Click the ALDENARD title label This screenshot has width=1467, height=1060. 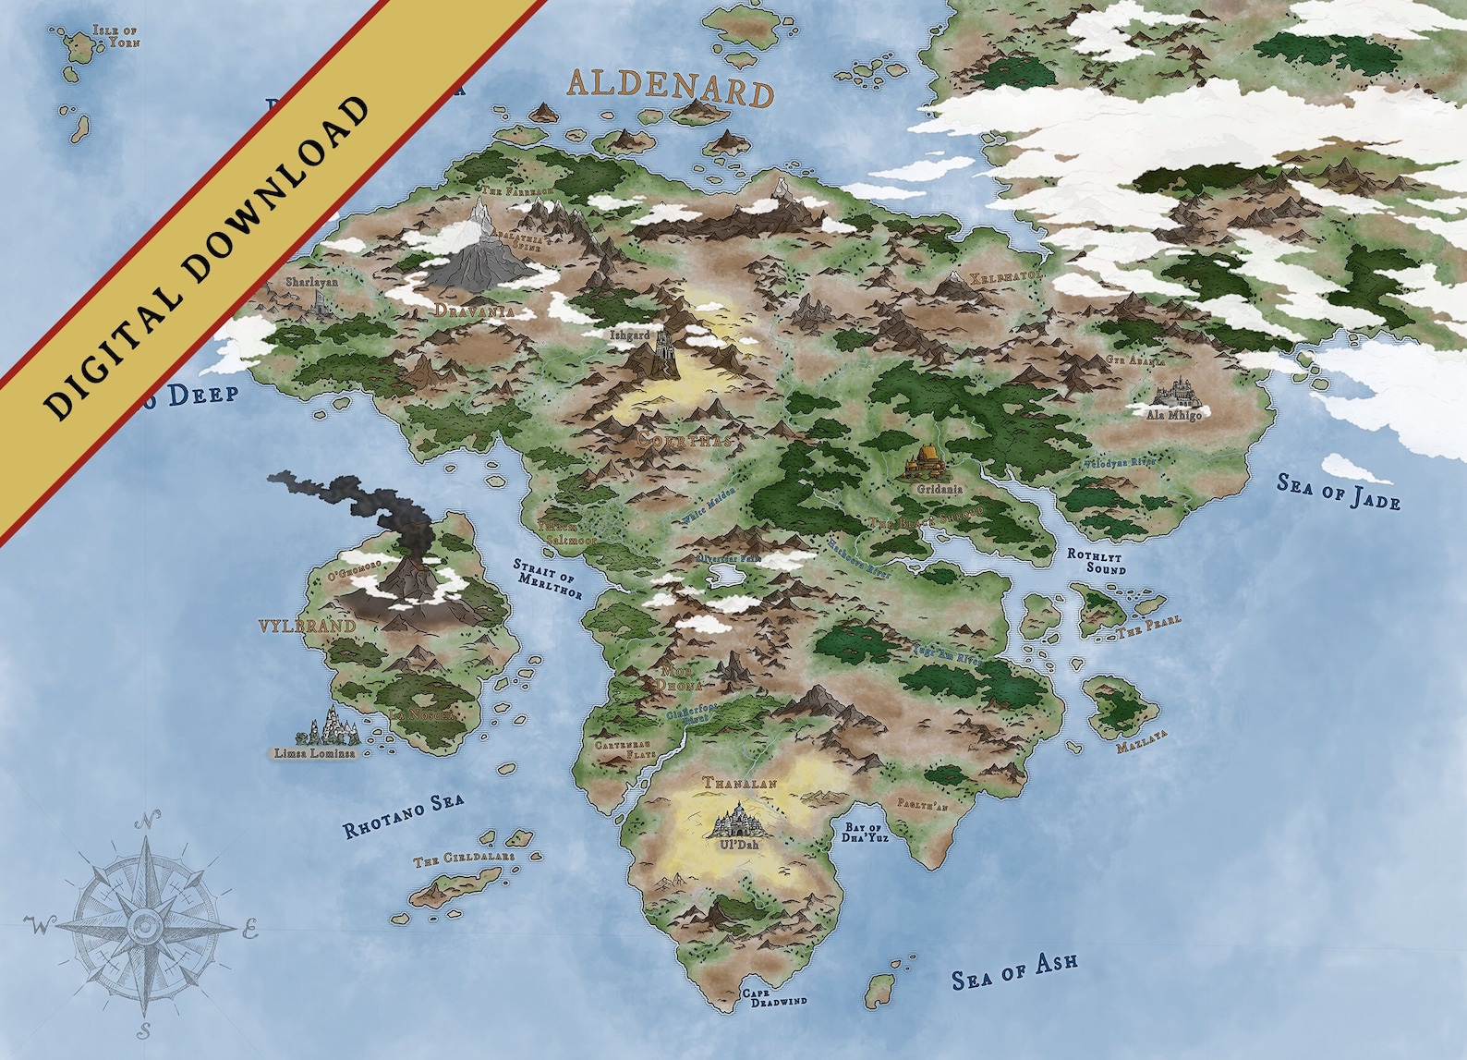click(670, 88)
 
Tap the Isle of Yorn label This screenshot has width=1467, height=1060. click(115, 37)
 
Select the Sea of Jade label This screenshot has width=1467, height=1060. click(1339, 491)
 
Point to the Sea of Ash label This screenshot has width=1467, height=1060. click(1014, 970)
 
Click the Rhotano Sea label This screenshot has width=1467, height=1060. click(403, 816)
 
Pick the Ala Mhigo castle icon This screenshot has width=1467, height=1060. click(1175, 394)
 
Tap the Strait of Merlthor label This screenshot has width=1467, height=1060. click(549, 578)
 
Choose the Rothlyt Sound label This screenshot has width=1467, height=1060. click(1097, 561)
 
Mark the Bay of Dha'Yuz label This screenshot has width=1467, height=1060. click(866, 832)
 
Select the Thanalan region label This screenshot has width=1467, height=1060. click(740, 783)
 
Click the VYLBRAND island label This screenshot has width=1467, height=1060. click(308, 626)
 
